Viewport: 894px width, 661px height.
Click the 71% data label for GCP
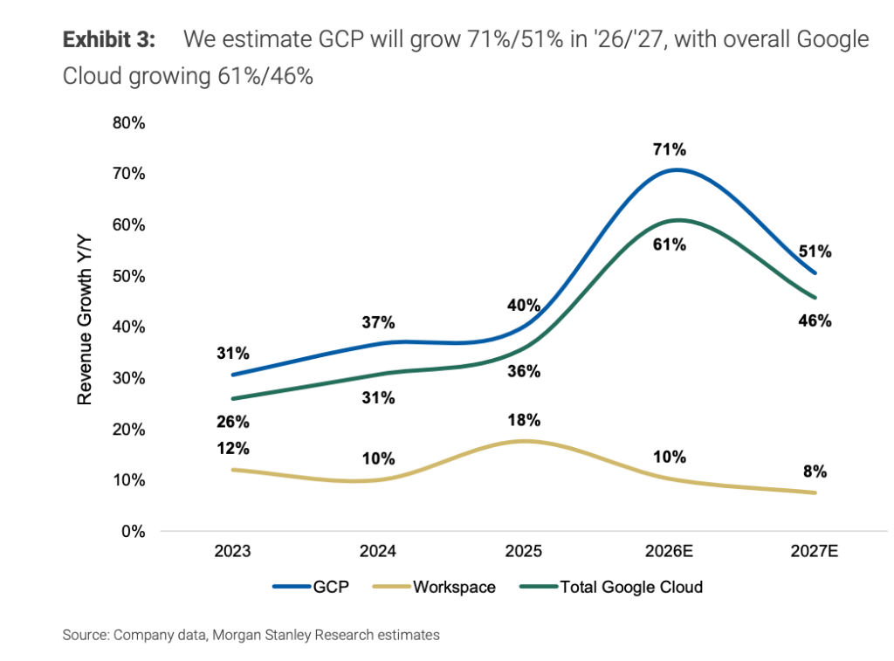(670, 149)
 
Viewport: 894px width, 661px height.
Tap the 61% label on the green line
(670, 244)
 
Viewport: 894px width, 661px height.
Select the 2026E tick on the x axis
(669, 552)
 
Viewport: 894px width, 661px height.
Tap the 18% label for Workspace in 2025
(524, 420)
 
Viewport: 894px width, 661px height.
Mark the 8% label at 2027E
(815, 472)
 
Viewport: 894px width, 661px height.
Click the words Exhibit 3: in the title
(109, 40)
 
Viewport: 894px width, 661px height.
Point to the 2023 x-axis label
(233, 552)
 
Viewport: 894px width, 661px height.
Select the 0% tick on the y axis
(133, 531)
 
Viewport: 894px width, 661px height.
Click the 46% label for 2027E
(815, 320)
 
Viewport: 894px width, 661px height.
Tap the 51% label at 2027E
(815, 252)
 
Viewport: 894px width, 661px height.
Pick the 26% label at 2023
(233, 422)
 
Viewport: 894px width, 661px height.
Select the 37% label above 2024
(378, 323)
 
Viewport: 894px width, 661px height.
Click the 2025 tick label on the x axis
(524, 552)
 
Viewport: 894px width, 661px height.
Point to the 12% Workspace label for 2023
(233, 449)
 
